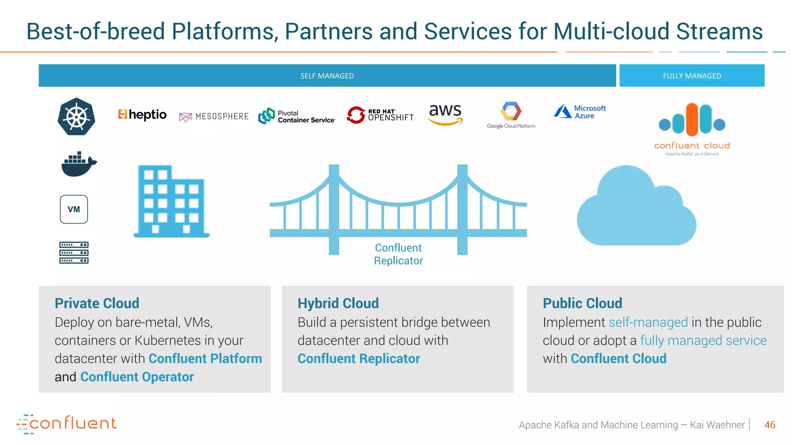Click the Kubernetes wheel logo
coord(76,117)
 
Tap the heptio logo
coord(142,115)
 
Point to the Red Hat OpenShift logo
coord(380,115)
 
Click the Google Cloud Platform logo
coord(511,115)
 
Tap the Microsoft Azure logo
coord(580,112)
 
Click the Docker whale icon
coord(79,164)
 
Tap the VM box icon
coord(74,209)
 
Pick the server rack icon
coord(74,252)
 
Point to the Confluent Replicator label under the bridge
coord(398,254)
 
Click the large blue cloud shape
coord(636,209)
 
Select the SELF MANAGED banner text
coord(327,76)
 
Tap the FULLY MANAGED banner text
coord(692,76)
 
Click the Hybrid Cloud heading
coord(338,303)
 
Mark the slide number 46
coord(769,425)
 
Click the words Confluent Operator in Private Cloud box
coord(137,377)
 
